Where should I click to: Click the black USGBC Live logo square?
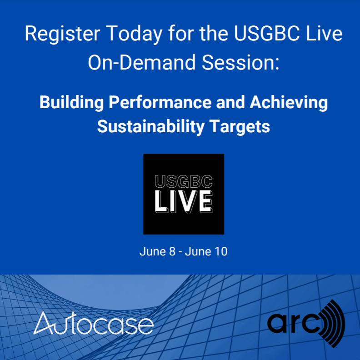click(184, 194)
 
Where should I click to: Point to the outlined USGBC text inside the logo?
click(184, 182)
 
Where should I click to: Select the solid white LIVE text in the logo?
click(184, 202)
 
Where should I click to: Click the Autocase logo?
click(94, 324)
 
